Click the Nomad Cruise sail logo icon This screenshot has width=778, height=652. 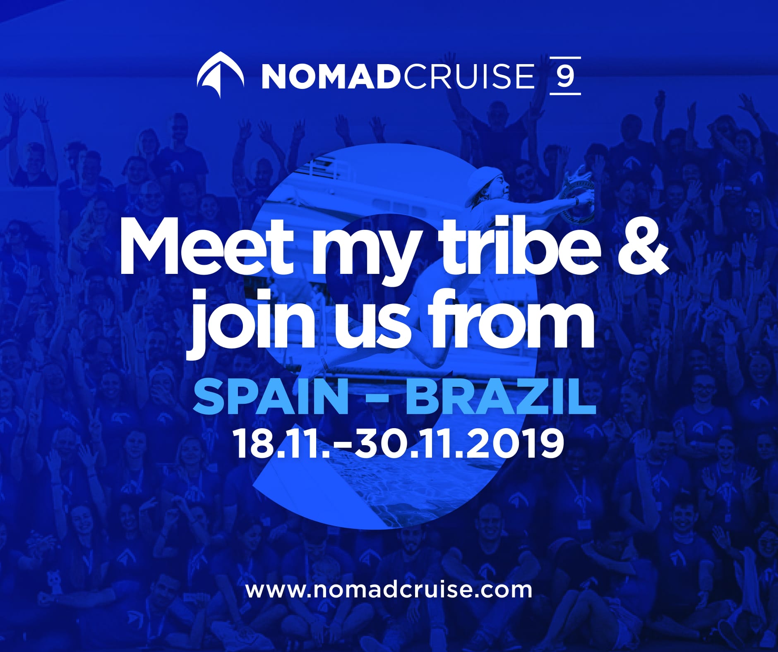point(220,75)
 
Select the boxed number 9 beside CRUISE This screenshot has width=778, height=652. point(565,76)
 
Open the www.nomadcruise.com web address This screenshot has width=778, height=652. point(389,589)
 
